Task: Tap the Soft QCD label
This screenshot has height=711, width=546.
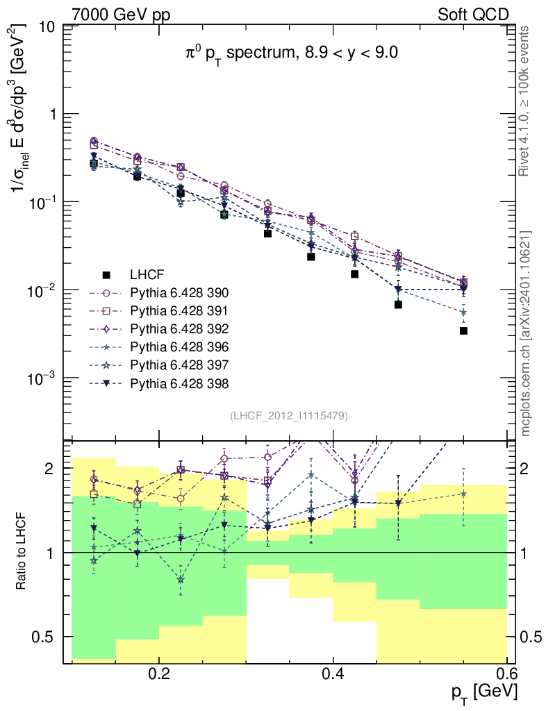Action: pyautogui.click(x=473, y=15)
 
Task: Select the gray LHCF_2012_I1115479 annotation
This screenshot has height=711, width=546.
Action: pyautogui.click(x=288, y=416)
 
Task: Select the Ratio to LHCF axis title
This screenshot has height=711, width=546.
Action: pyautogui.click(x=22, y=552)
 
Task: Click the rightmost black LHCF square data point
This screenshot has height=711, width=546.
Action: pyautogui.click(x=463, y=331)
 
